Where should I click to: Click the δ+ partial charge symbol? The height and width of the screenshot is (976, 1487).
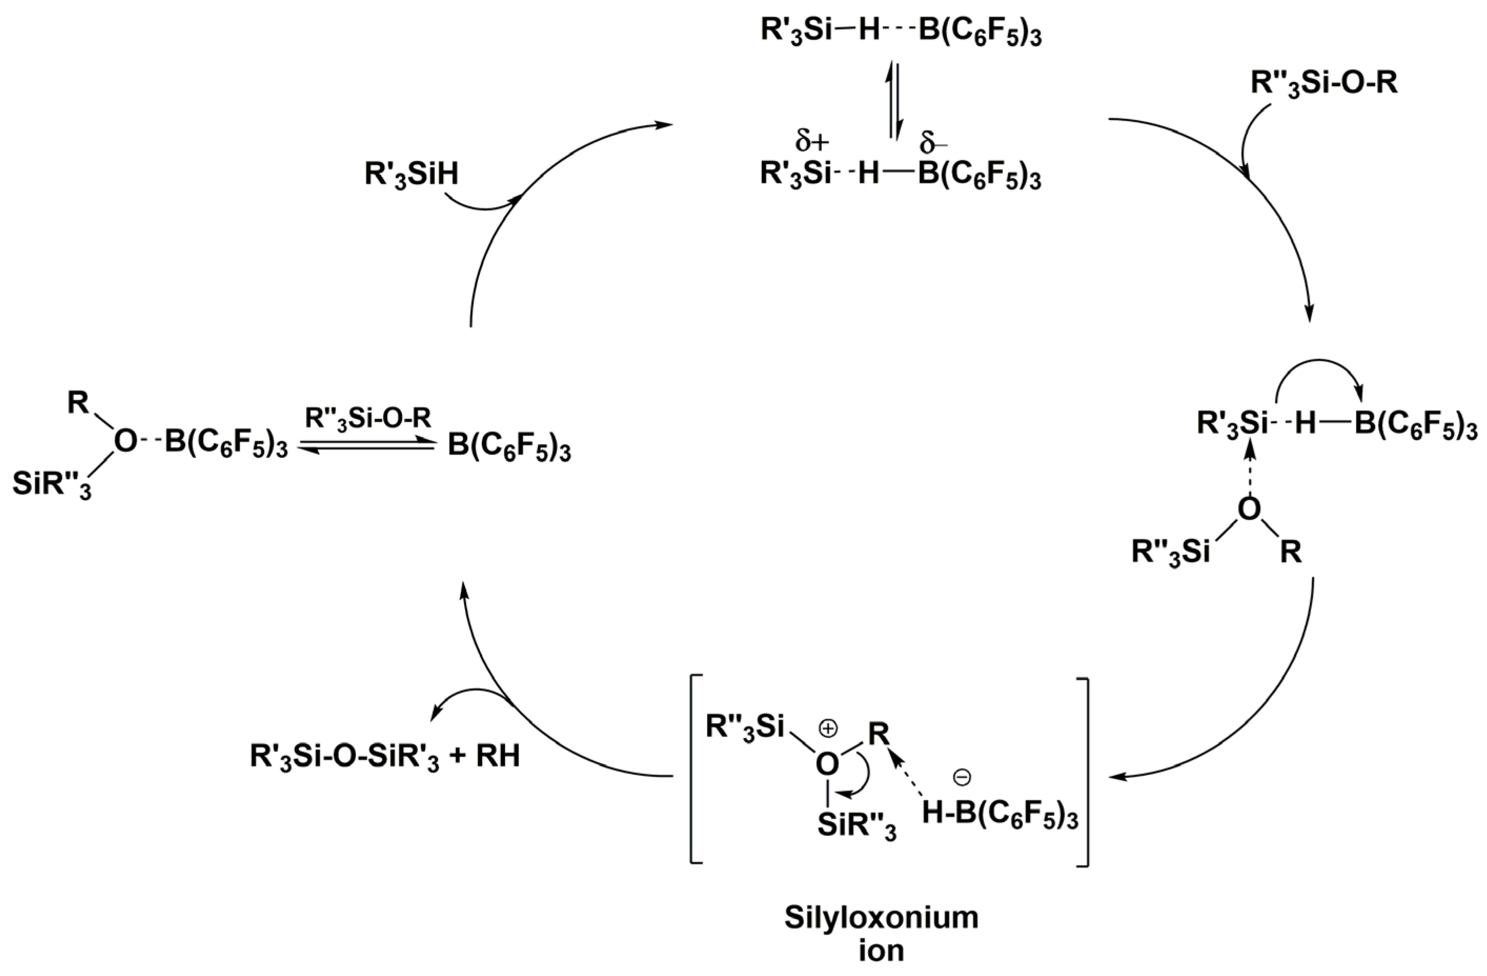(x=812, y=142)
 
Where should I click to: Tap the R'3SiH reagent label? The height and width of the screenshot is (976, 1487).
(x=411, y=176)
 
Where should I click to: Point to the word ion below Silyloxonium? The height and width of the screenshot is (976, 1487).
(x=881, y=951)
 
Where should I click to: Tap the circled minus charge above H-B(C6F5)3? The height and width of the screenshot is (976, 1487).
(x=962, y=777)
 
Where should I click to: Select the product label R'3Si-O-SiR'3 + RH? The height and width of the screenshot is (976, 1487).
(x=385, y=757)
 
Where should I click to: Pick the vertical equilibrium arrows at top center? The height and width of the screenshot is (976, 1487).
(x=895, y=101)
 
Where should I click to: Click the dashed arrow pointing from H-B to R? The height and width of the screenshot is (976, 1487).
(x=910, y=775)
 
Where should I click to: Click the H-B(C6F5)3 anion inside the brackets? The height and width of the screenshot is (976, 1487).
(x=1000, y=816)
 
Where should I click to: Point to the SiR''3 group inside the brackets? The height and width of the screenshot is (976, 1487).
(x=857, y=828)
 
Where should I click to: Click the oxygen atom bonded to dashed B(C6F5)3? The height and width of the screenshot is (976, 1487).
(x=125, y=442)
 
